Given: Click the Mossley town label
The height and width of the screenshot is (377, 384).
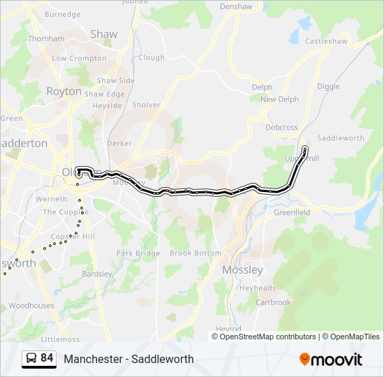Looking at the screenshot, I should pyautogui.click(x=242, y=269).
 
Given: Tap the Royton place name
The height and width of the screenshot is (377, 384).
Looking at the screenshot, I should pyautogui.click(x=64, y=91).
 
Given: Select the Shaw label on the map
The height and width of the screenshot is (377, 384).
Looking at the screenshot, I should pyautogui.click(x=104, y=34).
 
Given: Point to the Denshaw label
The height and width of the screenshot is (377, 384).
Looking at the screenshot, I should pyautogui.click(x=235, y=6).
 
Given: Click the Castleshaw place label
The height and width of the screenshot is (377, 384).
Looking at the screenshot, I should pyautogui.click(x=326, y=41).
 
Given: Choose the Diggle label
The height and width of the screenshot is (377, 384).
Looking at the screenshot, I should pyautogui.click(x=328, y=87).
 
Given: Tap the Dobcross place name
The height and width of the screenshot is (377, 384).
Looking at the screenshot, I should pyautogui.click(x=281, y=128).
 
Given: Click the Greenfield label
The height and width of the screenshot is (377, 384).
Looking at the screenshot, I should pyautogui.click(x=292, y=212).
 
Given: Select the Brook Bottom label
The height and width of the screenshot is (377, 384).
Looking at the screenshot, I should pyautogui.click(x=195, y=253).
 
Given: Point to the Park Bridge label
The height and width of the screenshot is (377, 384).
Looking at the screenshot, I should pyautogui.click(x=138, y=253).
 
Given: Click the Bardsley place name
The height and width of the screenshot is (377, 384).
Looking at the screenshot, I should pyautogui.click(x=97, y=274).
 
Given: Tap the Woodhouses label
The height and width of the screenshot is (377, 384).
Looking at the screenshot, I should pyautogui.click(x=31, y=306).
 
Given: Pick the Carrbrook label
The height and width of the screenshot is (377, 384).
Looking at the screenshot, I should pyautogui.click(x=273, y=302).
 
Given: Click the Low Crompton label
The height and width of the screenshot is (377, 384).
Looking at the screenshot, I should pyautogui.click(x=79, y=59).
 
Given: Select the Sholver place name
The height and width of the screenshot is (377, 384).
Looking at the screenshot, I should pyautogui.click(x=146, y=105).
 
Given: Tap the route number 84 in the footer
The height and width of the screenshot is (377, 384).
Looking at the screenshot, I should pyautogui.click(x=47, y=358).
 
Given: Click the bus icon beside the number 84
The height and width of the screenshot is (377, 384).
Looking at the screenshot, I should pyautogui.click(x=31, y=359).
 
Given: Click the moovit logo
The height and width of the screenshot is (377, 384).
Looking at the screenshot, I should pyautogui.click(x=331, y=360).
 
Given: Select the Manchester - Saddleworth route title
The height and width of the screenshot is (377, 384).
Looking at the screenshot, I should pyautogui.click(x=128, y=360).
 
